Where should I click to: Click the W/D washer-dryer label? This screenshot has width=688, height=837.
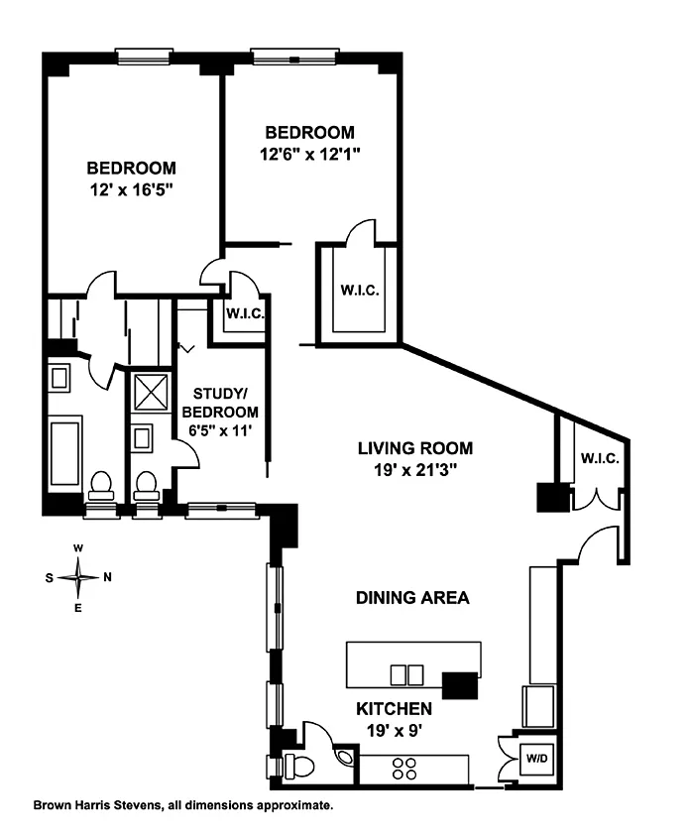pos(537,758)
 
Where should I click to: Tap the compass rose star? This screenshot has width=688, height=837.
pos(78,577)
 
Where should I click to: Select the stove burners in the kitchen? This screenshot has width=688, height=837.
pos(404,769)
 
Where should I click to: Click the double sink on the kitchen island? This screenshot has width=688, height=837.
pos(406,674)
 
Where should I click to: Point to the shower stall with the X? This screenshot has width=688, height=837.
pos(151,393)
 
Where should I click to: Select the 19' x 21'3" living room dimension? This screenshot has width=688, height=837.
pos(414,470)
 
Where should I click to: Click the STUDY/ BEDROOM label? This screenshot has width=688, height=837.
pos(220,403)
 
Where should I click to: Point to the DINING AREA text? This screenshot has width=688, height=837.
pos(412,597)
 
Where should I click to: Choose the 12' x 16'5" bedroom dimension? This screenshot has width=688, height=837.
pos(131,190)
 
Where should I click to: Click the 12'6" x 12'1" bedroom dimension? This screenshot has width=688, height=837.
pos(310,155)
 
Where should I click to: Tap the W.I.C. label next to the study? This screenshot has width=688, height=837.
pos(245,313)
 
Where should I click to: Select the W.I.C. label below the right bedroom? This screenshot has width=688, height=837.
pos(360,291)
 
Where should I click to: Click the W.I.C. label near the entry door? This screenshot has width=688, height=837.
pos(600,458)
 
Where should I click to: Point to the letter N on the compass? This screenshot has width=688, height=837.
pos(107,577)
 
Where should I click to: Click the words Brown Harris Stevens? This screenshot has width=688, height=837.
pos(97,805)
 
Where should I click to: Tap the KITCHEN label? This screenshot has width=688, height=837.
pos(394,709)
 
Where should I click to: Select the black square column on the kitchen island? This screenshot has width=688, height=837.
pos(460,685)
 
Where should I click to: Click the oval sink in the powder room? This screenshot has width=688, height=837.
pos(345,757)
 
